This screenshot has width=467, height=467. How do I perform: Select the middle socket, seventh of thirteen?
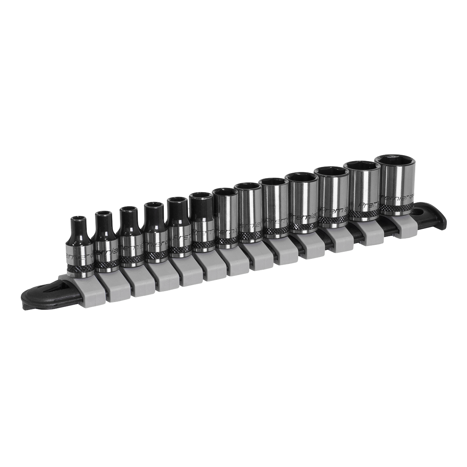coord(226,218)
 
